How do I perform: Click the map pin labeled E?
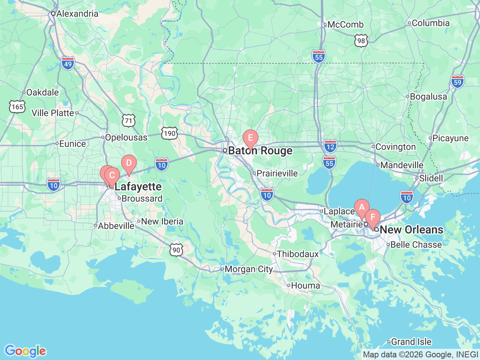(250, 138)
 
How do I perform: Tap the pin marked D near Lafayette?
(129, 163)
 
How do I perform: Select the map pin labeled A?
(361, 207)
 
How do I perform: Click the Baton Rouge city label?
(260, 151)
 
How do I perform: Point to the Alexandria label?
(77, 13)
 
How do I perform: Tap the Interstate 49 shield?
(68, 64)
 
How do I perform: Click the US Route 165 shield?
(17, 107)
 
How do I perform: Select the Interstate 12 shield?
(330, 146)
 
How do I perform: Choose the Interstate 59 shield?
(457, 82)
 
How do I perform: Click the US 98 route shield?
(361, 41)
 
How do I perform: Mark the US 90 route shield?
(176, 250)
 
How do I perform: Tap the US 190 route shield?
(169, 133)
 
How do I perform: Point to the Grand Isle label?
(411, 342)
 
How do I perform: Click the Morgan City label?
(249, 269)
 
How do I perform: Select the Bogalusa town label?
(428, 96)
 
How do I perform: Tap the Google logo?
(25, 351)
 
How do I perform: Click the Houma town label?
(305, 285)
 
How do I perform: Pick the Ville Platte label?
(53, 113)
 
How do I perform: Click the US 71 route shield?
(129, 120)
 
